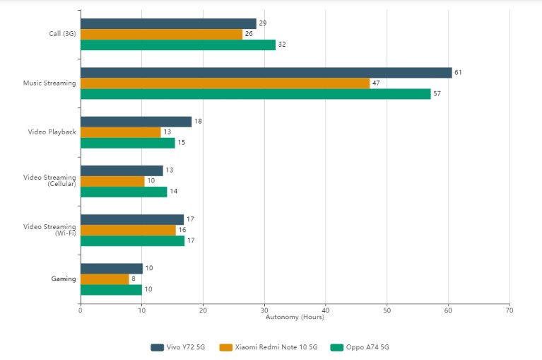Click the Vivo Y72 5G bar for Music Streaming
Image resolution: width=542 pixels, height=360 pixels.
point(266,73)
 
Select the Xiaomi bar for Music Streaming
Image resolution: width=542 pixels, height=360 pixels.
point(225,83)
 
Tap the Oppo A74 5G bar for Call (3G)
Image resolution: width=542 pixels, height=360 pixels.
point(177,45)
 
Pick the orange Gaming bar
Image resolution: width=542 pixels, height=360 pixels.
point(105,279)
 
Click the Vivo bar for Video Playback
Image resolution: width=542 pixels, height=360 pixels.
point(136,122)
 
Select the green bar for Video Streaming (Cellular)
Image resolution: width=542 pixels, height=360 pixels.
point(124,192)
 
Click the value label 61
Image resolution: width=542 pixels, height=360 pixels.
point(458,73)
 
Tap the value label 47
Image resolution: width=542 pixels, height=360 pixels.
point(376,83)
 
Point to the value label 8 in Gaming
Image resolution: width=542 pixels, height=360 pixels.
point(134,279)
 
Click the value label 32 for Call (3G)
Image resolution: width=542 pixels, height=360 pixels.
point(282,45)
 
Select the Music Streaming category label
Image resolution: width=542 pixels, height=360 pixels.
point(49,83)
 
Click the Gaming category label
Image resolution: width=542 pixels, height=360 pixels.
point(64,279)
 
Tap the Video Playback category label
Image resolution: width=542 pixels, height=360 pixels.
point(52,132)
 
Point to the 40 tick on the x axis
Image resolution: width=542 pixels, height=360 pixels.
point(325,310)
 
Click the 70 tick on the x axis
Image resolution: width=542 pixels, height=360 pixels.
point(509,310)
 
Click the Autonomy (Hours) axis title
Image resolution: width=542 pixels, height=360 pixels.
point(295,317)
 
